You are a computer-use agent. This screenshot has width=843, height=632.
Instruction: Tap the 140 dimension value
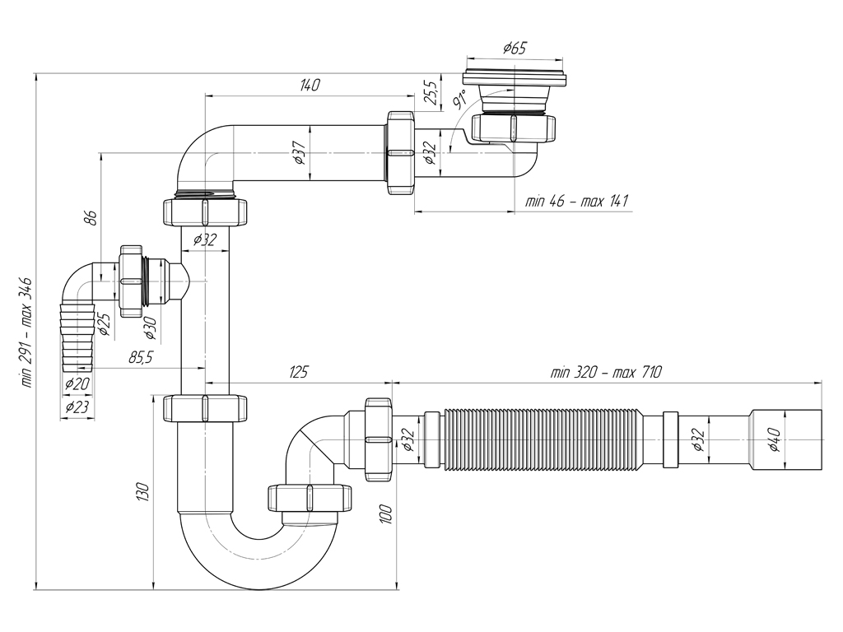click(310, 85)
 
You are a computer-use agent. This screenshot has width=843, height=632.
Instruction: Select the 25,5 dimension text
click(429, 93)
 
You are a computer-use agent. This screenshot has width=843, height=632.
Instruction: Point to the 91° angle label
click(459, 99)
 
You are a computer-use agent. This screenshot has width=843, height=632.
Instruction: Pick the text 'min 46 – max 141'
click(576, 202)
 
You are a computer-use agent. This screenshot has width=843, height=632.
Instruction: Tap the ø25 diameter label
click(105, 325)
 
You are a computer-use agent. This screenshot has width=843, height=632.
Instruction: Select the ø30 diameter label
click(150, 328)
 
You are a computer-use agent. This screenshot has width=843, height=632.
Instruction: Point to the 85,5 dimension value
click(141, 357)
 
